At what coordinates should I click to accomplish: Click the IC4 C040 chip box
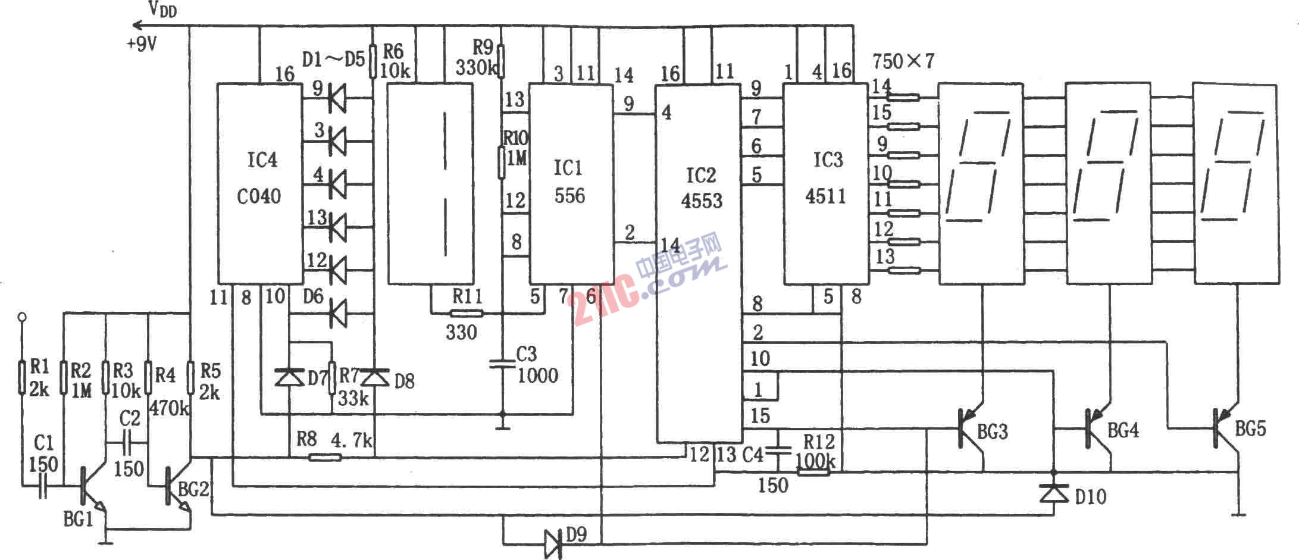point(259,183)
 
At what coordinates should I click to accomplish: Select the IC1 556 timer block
point(571,184)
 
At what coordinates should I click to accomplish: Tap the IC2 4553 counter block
point(699,264)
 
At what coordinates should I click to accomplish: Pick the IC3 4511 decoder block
point(825,184)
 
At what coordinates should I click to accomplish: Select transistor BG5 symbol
point(1226,428)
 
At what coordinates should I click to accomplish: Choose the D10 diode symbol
point(1053,493)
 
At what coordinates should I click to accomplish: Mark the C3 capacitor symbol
point(502,363)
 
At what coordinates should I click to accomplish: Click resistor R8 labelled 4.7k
point(325,457)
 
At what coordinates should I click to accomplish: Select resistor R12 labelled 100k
point(813,473)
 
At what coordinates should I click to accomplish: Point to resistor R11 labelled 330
point(467,312)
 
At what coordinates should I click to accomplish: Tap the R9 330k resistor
point(501,62)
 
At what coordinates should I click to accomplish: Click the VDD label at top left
point(162,9)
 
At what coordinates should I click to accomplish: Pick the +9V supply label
point(141,44)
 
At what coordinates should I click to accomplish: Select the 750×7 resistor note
point(903,61)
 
